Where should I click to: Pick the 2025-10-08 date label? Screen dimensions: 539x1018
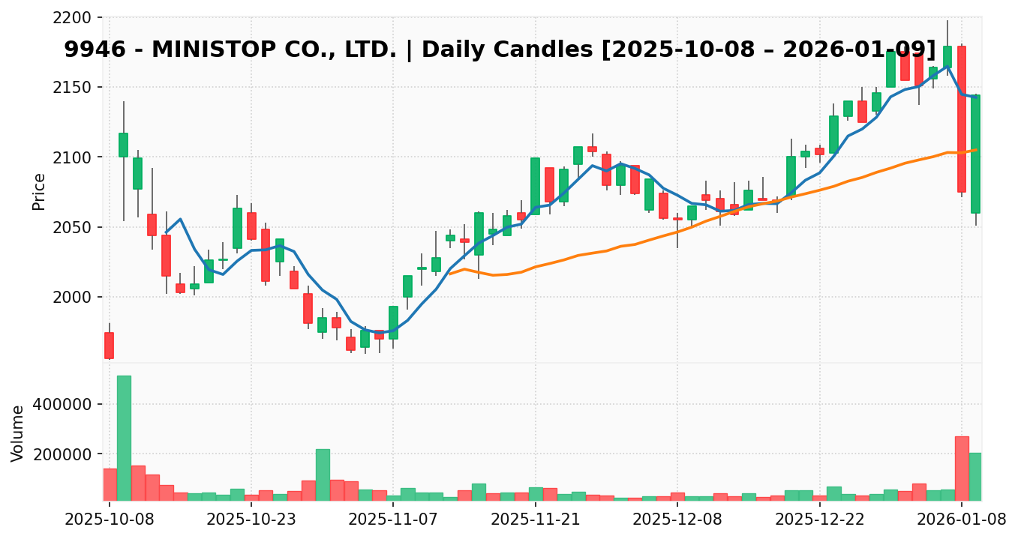pos(110,518)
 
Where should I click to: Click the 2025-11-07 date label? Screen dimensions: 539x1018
pos(393,518)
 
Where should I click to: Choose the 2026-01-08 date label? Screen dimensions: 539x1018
pos(962,518)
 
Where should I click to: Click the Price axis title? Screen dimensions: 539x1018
pos(39,192)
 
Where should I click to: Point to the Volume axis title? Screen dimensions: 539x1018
pos(18,433)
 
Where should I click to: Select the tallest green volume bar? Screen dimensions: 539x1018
pos(124,438)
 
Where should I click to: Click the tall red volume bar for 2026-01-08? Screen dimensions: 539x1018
pos(962,469)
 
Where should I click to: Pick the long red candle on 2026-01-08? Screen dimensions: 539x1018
pos(962,119)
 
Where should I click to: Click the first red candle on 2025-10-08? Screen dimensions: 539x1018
pos(109,346)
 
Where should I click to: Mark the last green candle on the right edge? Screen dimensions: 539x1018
pos(975,154)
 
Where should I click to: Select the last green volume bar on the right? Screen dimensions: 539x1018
pos(975,477)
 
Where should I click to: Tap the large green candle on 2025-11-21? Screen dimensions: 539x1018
pos(535,186)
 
